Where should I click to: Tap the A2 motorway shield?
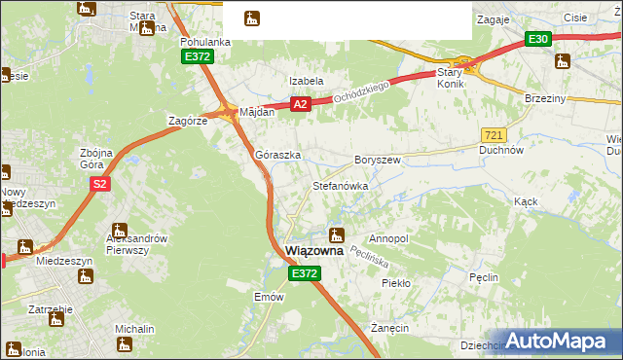pos(300,104)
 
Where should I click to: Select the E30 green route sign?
pos(538,39)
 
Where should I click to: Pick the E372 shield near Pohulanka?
pos(198,57)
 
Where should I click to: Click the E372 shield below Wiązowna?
pos(303,274)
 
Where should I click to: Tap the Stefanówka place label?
pos(340,185)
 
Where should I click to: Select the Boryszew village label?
pos(378,159)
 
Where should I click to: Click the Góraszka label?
pos(277,155)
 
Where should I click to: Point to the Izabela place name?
pos(306,81)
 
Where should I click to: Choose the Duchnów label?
pos(502,151)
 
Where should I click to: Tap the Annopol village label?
pos(388,238)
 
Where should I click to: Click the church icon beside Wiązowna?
pos(337,234)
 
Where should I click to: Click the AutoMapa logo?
pos(559,341)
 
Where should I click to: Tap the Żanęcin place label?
pos(388,328)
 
